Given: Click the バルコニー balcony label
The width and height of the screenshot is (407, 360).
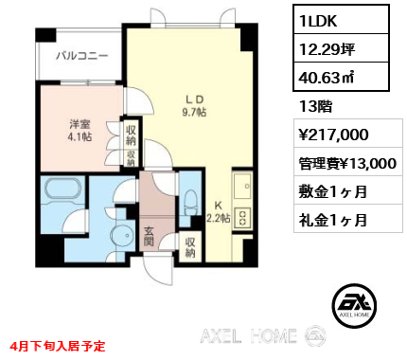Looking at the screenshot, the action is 82,56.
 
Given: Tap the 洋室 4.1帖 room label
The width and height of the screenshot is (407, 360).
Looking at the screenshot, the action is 80,130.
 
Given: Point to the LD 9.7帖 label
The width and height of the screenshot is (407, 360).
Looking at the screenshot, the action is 194,106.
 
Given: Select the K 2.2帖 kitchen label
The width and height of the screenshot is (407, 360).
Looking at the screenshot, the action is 218,211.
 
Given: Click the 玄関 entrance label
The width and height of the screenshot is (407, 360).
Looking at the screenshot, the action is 149,237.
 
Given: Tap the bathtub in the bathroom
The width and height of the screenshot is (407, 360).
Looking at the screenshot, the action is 63,189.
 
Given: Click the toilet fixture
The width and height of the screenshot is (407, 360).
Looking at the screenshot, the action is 190,202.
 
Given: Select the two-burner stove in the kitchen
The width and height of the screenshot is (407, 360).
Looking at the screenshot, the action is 242,218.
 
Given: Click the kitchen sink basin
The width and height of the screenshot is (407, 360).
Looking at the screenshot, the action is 242,186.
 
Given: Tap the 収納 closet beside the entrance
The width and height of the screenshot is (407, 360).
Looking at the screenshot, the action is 190,247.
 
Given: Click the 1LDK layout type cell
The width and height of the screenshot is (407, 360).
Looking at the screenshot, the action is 341,20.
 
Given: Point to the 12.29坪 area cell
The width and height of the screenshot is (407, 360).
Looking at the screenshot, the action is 341,48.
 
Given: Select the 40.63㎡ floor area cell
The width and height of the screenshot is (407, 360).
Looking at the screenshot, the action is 341,77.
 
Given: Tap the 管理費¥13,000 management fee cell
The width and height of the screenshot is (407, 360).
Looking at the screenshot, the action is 348,162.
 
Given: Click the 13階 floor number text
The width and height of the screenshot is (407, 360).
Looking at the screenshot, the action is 316,106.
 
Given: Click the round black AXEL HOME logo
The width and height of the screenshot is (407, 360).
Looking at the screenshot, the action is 354,305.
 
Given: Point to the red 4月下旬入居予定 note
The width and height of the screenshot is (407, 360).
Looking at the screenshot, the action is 58,346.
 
